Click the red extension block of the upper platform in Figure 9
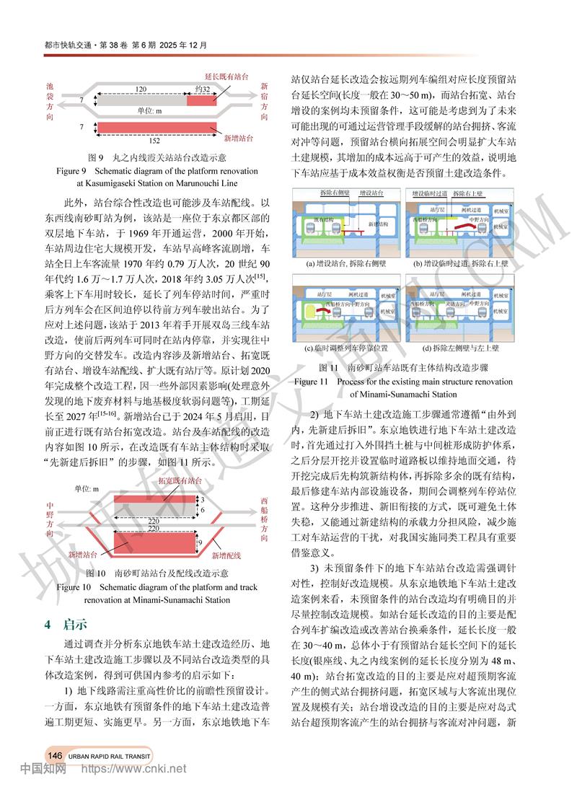tap(201, 102)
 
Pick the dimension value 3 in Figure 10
tap(203, 498)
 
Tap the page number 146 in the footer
tap(55, 754)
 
